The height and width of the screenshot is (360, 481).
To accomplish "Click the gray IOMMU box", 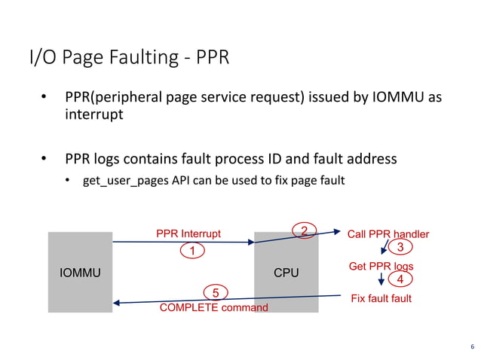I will [x=80, y=272].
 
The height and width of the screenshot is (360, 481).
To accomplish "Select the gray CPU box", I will [x=286, y=272].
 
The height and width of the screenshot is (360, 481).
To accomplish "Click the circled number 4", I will [x=400, y=280].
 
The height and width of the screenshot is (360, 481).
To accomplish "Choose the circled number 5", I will [x=216, y=292].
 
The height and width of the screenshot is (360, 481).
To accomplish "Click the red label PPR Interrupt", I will [x=188, y=233].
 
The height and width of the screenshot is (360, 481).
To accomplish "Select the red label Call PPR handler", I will [x=388, y=234].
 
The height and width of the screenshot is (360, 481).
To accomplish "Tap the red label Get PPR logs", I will [x=381, y=267].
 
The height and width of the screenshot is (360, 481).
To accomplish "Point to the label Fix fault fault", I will [x=381, y=299].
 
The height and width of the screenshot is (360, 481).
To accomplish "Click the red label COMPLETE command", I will [x=213, y=307].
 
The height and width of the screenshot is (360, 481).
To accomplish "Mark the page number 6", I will [x=471, y=346].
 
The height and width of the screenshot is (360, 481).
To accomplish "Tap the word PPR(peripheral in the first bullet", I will [x=112, y=99].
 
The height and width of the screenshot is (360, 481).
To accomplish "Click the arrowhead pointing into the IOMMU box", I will [x=116, y=303].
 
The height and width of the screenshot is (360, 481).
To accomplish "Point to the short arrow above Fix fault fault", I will [x=381, y=279].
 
